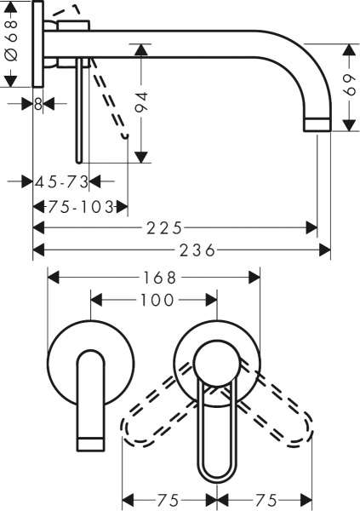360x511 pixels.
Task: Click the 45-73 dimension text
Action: click(63, 181)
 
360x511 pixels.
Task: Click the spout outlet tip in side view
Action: click(317, 124)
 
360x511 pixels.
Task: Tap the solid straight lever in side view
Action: click(80, 111)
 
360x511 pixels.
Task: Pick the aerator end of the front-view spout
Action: click(91, 441)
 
